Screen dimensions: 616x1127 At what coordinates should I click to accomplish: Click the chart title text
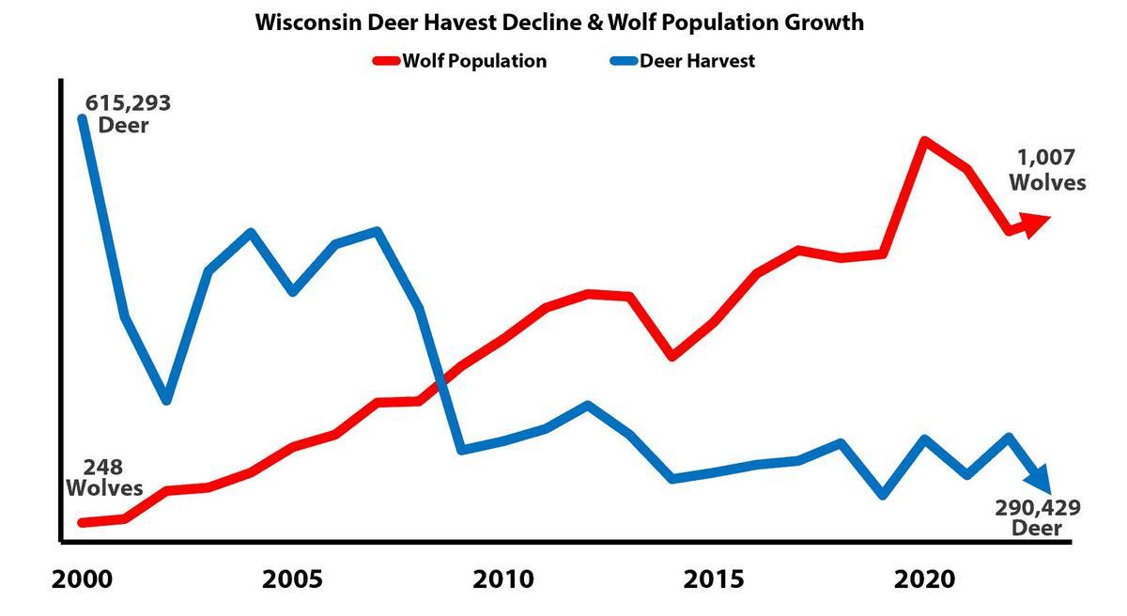[x=560, y=23]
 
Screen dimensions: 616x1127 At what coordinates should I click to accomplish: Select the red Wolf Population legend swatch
[x=386, y=61]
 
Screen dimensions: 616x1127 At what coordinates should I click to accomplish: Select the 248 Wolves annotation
[x=103, y=477]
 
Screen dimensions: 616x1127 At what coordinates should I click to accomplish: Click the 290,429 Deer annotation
[x=1037, y=517]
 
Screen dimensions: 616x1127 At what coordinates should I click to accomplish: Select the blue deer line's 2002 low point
[x=166, y=400]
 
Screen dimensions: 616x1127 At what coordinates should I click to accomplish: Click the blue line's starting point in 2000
[x=83, y=117]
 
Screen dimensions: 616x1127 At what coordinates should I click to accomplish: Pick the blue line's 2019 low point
[x=883, y=495]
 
